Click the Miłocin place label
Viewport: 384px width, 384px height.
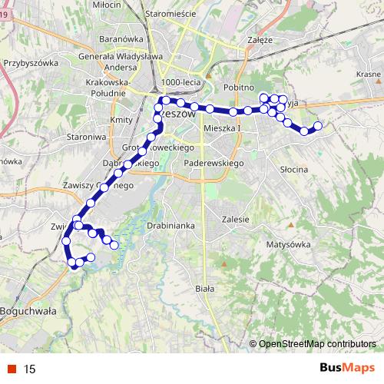point(107,5)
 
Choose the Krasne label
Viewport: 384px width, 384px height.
point(369,74)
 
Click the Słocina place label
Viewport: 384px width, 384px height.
point(294,169)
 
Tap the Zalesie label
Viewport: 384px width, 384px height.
point(235,218)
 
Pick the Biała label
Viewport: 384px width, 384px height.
point(204,288)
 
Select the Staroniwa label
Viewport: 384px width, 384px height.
point(86,135)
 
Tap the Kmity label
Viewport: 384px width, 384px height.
point(121,121)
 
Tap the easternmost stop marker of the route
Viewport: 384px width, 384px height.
point(318,125)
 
